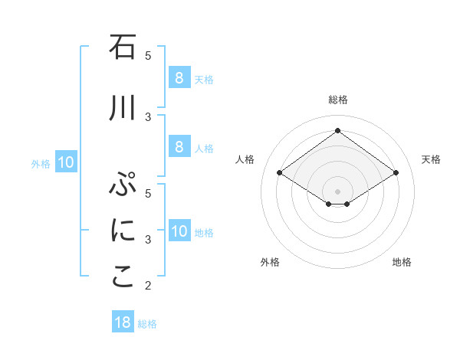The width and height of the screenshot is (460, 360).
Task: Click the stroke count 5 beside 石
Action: pyautogui.click(x=148, y=55)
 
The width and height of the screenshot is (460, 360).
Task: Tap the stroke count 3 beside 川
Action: pyautogui.click(x=148, y=116)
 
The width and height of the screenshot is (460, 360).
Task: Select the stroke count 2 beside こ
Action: pyautogui.click(x=148, y=286)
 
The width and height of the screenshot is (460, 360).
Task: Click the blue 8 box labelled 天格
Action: pyautogui.click(x=179, y=78)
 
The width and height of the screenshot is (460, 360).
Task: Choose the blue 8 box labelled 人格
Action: pyautogui.click(x=179, y=148)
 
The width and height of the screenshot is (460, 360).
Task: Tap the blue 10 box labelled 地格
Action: pyautogui.click(x=179, y=231)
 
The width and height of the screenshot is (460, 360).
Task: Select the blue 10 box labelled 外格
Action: pyautogui.click(x=66, y=162)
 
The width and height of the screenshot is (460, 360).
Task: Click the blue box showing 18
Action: pyautogui.click(x=123, y=322)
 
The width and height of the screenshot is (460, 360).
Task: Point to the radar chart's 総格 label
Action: pyautogui.click(x=337, y=100)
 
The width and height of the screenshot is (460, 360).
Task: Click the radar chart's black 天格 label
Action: pyautogui.click(x=431, y=159)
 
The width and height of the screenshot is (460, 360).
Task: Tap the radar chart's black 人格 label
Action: pyautogui.click(x=245, y=159)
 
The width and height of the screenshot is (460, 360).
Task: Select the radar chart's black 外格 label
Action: pyautogui.click(x=270, y=262)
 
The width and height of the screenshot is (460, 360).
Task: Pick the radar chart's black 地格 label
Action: pyautogui.click(x=402, y=262)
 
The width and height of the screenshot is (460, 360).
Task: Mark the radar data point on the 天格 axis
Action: pyautogui.click(x=396, y=173)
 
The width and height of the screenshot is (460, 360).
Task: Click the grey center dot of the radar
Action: pyautogui.click(x=337, y=191)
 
